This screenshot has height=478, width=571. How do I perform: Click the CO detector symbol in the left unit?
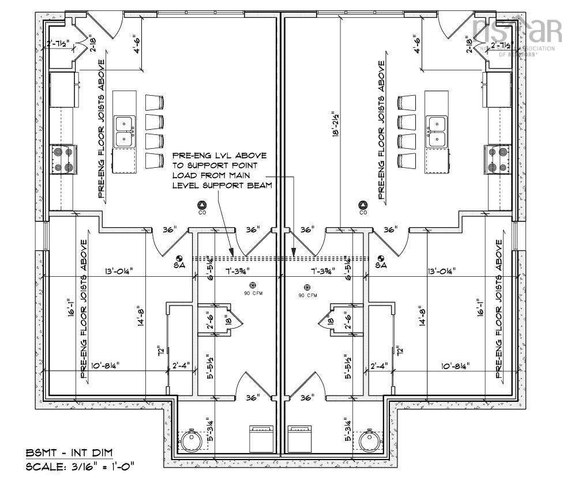tap(202, 205)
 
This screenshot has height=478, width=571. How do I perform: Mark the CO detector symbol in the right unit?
tap(363, 205)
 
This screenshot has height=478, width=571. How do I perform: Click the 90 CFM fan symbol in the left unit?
tap(253, 285)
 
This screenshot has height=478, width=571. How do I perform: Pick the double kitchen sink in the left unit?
tap(123, 131)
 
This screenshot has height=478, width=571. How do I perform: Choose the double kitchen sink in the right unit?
tap(437, 131)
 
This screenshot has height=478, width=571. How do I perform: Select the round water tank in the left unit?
tap(190, 442)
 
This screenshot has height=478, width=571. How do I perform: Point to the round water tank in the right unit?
tap(370, 442)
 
